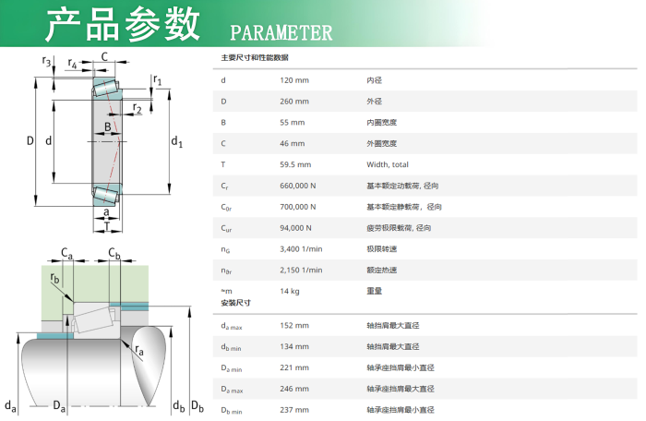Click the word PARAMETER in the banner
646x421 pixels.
[281, 32]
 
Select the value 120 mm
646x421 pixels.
[294, 80]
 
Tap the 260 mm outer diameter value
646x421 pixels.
[294, 102]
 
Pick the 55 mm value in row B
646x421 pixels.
[293, 123]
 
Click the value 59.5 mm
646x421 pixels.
[295, 164]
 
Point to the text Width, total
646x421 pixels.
[388, 164]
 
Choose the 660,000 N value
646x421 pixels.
[298, 186]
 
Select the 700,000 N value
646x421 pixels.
[298, 207]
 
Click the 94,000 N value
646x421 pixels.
[295, 228]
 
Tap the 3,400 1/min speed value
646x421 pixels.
[301, 248]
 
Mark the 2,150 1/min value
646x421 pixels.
[301, 270]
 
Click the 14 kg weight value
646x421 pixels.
[290, 291]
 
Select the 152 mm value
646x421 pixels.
[294, 325]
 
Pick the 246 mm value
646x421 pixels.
[294, 389]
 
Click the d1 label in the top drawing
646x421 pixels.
[177, 141]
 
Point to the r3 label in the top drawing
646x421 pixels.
[46, 62]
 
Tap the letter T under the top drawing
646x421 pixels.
[107, 226]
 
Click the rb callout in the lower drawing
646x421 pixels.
[54, 278]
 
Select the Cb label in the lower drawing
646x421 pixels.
[114, 253]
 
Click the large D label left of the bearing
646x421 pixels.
[30, 141]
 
